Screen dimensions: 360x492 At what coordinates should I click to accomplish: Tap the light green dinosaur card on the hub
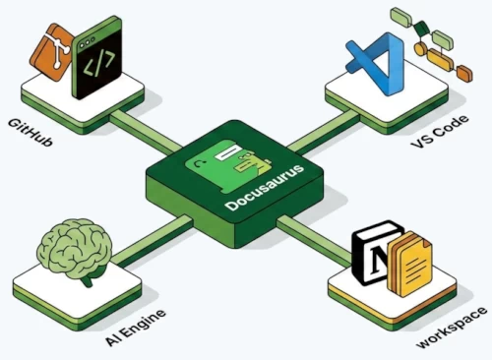[228, 157]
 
